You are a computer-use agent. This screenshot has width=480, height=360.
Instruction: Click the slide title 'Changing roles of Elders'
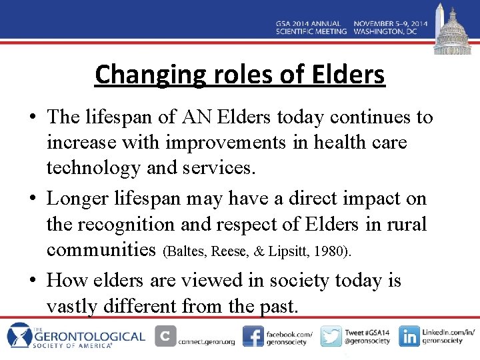pos(240,75)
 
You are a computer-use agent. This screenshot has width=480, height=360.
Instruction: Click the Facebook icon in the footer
pos(253,336)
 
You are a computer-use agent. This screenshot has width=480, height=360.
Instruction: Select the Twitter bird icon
pos(331,336)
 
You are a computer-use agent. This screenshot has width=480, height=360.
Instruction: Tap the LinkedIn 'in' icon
pos(409,336)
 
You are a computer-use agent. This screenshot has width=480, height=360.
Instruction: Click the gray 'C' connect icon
pos(165,336)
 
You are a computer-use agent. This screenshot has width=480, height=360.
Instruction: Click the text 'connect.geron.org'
pos(206,342)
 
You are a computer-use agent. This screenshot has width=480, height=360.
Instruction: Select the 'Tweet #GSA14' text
pos(367,332)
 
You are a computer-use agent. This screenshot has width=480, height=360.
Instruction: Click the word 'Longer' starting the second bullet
pos(78,199)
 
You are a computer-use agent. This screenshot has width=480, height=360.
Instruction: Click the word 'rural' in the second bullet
pos(405,224)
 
